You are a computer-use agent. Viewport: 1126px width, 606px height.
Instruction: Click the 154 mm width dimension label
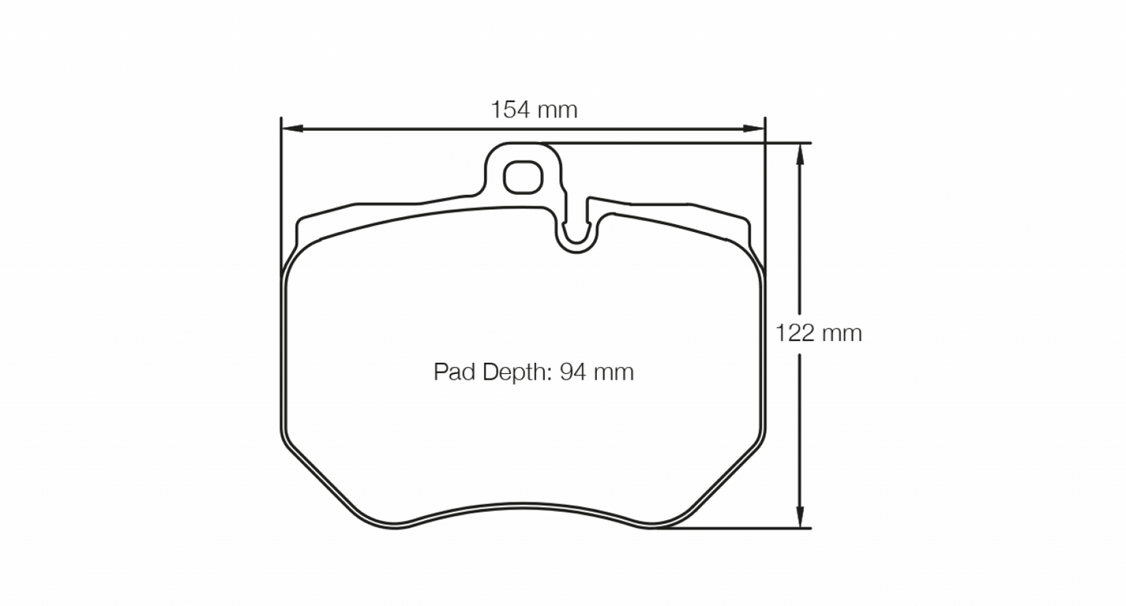point(534,110)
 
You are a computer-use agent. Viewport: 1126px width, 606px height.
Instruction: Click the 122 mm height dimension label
point(818,333)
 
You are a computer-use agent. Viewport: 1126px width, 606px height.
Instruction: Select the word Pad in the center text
point(450,372)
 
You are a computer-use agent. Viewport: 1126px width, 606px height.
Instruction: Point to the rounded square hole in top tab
point(521,178)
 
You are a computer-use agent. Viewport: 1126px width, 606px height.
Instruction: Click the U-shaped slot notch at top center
point(577,233)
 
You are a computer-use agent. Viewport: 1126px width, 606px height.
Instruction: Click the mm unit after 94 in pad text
point(614,372)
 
